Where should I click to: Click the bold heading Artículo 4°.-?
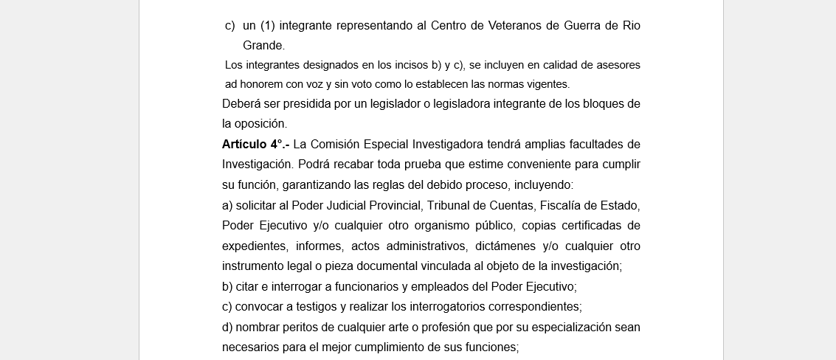click(x=255, y=144)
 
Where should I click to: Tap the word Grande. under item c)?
click(x=263, y=46)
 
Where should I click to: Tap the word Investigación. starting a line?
click(x=257, y=164)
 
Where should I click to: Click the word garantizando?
click(x=314, y=184)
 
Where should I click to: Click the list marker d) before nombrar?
click(x=227, y=327)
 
